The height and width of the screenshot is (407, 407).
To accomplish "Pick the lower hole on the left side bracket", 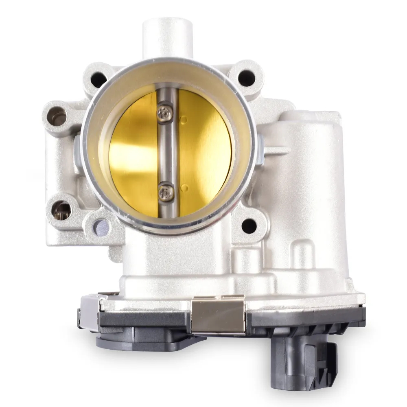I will point(61,210).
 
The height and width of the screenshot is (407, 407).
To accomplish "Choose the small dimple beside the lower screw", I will point(184,188).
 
